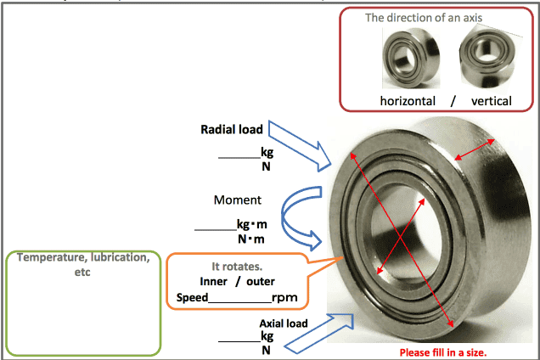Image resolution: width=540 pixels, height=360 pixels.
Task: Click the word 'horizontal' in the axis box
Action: tap(408, 101)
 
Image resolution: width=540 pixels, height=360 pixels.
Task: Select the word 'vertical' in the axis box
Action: tap(491, 101)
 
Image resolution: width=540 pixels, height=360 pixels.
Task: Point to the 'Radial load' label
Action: tap(231, 130)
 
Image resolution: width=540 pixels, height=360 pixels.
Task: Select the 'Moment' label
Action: tap(238, 200)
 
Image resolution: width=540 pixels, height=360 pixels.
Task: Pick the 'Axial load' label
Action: tap(283, 323)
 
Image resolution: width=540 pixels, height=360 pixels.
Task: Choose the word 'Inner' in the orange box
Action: tap(213, 281)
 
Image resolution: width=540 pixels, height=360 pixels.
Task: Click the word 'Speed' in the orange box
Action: tap(192, 298)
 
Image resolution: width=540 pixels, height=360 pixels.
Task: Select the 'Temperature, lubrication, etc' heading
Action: tap(83, 264)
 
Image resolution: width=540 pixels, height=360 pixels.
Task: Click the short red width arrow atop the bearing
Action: tap(480, 149)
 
